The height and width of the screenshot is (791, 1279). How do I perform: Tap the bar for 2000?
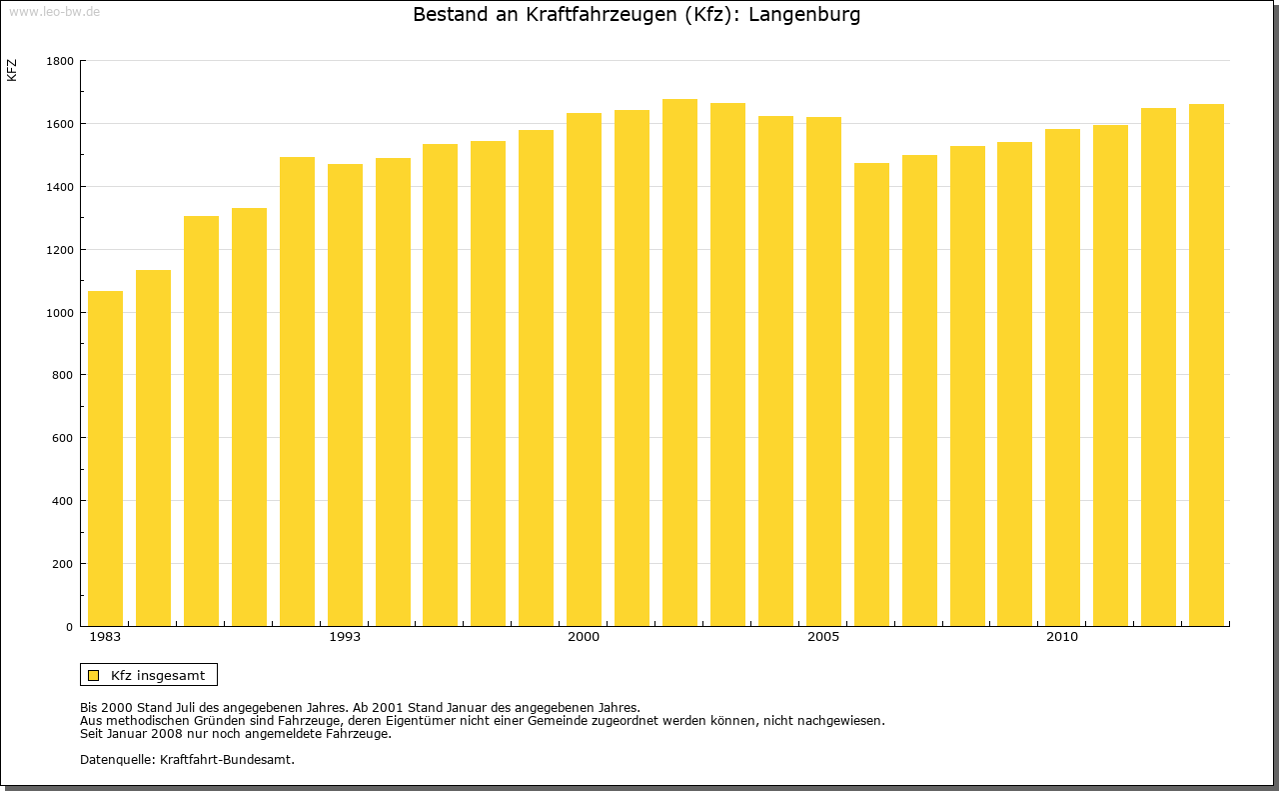(x=584, y=369)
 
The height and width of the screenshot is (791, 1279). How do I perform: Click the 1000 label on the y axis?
(x=61, y=313)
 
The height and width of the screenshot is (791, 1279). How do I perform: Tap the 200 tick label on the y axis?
(x=64, y=564)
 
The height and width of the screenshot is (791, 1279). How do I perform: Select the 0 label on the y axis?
(x=70, y=627)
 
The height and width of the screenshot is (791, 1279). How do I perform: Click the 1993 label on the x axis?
(x=345, y=637)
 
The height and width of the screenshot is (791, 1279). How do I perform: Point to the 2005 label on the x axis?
(x=823, y=637)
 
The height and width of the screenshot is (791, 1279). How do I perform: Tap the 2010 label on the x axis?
(x=1062, y=637)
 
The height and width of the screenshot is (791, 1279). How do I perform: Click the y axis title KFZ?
(x=12, y=70)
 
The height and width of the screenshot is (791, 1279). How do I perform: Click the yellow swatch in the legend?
(x=94, y=675)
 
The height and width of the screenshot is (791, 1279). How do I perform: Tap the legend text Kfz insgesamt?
(x=158, y=675)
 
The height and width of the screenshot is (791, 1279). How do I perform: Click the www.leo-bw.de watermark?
(x=54, y=11)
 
